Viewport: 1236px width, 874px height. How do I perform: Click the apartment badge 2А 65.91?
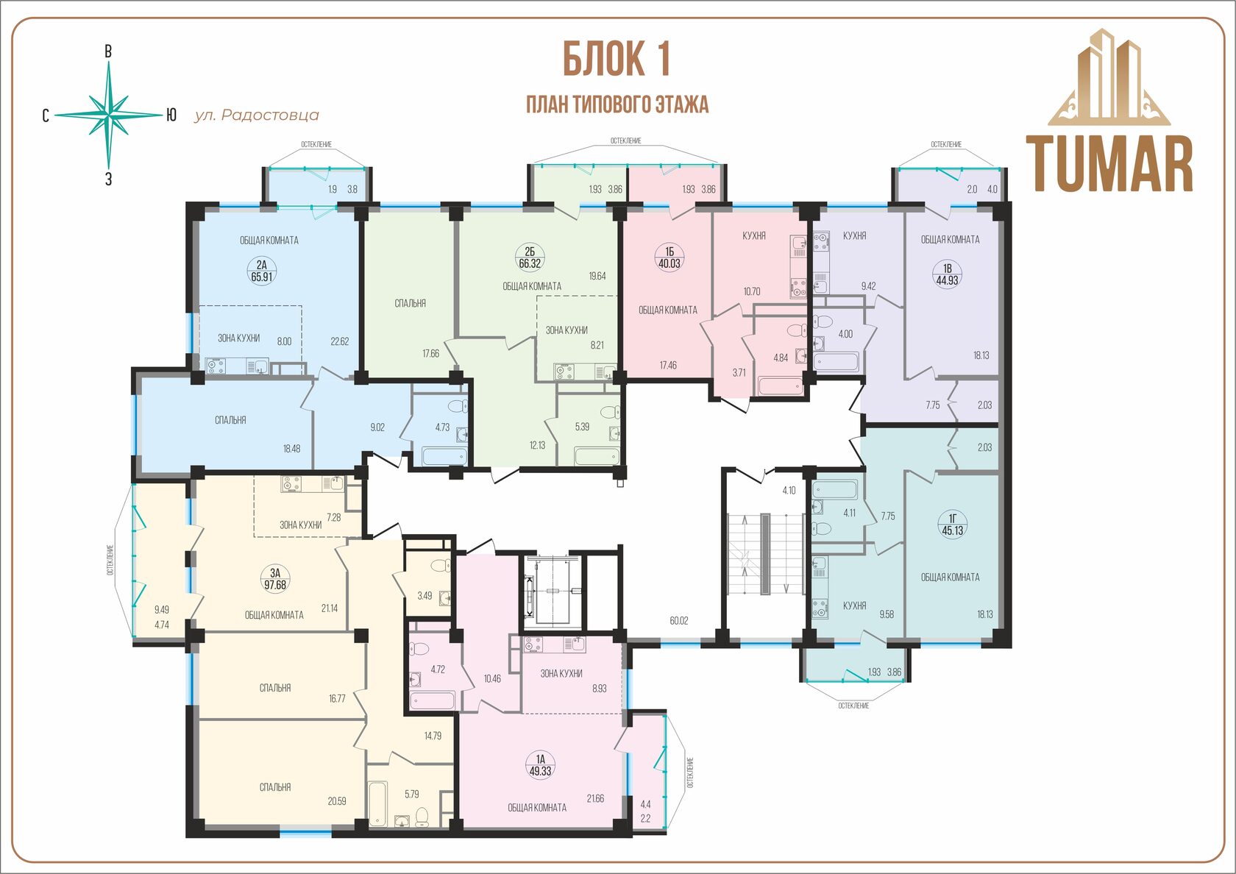pos(262,271)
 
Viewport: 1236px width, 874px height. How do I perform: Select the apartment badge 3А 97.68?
pos(275,580)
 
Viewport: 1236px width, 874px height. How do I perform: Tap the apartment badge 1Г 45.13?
pos(952,524)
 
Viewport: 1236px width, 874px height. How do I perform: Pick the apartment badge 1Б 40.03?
pos(669,257)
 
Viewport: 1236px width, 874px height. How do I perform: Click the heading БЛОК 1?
pos(617,59)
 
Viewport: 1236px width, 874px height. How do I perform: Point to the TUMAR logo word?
pos(1109,165)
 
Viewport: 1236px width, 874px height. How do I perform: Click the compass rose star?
pos(109,116)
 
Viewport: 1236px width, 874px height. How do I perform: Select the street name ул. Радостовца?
pos(257,115)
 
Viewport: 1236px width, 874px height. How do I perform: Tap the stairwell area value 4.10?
pos(789,490)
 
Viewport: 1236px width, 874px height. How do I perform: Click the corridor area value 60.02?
pos(678,620)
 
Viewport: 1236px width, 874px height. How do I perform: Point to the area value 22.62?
pos(339,341)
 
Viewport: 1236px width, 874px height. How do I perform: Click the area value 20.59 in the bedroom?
pos(337,800)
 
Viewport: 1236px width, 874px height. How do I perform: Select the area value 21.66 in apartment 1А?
pos(595,797)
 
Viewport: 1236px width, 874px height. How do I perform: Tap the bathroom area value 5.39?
pos(582,427)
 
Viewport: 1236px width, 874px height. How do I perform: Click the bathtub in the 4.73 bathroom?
pos(444,456)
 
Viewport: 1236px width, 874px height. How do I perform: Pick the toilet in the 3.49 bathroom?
pos(440,566)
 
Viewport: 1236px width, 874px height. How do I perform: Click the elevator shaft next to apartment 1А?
pos(553,590)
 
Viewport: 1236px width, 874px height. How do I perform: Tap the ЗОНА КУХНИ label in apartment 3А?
pos(300,525)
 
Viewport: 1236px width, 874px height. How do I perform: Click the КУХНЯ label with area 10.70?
pos(753,235)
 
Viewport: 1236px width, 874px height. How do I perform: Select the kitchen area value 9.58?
pos(886,614)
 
